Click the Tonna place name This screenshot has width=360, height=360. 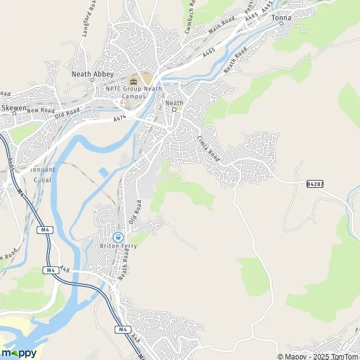[x=281, y=18]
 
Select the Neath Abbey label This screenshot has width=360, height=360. [x=93, y=74]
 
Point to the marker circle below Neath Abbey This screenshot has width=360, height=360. [x=93, y=80]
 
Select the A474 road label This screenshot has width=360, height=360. [x=121, y=120]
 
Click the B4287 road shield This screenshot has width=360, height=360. [x=314, y=184]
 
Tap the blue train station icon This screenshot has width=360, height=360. [x=118, y=237]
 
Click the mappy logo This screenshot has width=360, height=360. [x=19, y=353]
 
